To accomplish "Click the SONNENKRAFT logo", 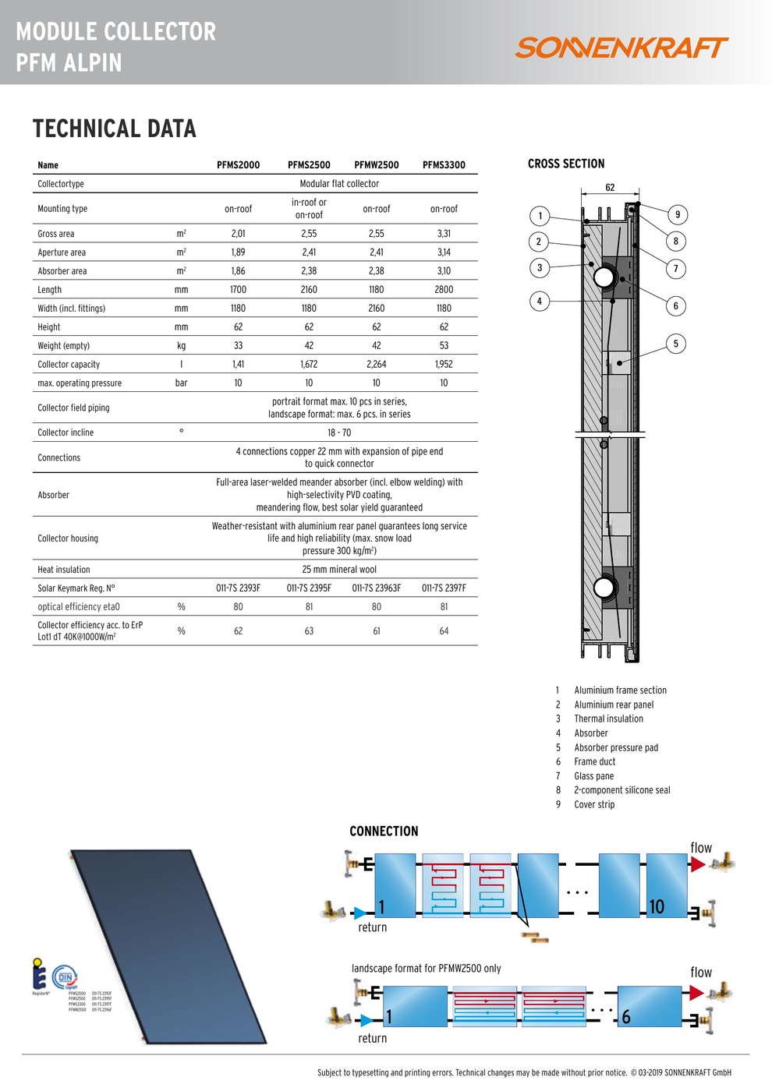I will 621,48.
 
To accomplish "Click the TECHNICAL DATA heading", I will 114,129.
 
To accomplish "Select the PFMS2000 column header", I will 238,165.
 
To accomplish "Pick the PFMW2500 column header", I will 376,165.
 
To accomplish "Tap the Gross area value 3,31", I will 444,234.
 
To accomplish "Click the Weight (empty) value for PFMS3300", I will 444,346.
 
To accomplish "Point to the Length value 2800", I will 444,290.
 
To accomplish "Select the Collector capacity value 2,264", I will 376,365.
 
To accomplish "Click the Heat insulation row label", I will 64,570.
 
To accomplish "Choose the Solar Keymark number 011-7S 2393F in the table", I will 238,588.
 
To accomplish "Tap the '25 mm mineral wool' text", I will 339,570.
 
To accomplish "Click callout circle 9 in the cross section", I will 677,215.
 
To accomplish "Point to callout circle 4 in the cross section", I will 539,302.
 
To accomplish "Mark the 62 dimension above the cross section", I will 610,188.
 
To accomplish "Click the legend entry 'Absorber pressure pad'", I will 616,748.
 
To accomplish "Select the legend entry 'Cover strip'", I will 594,805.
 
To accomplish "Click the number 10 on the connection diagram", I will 657,906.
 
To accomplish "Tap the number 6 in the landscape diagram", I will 625,1017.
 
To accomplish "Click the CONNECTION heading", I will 384,831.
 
